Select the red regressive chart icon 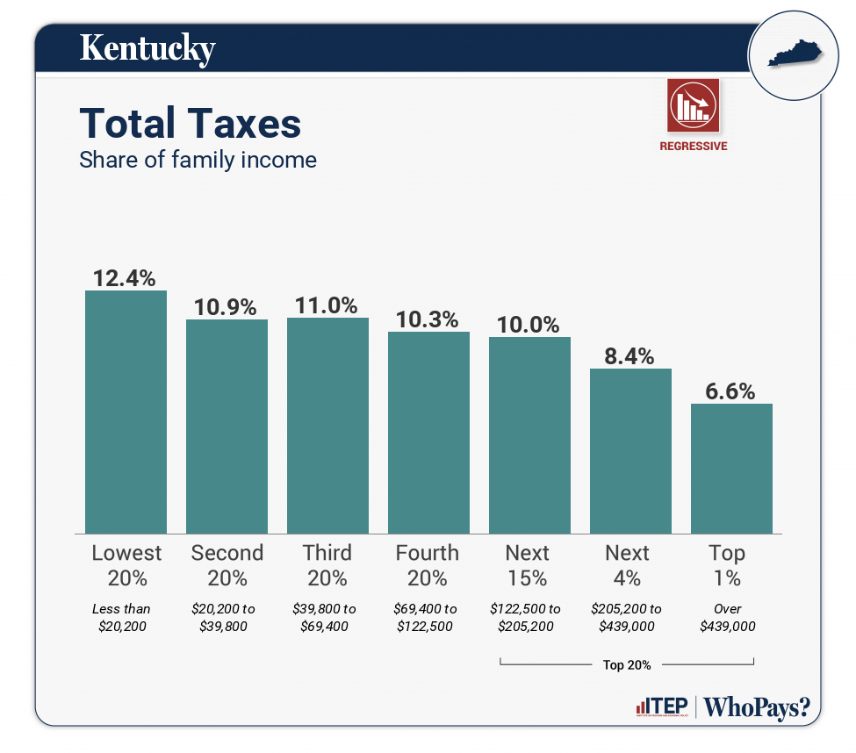coord(693,105)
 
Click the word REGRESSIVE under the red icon coord(693,147)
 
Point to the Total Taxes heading coord(190,124)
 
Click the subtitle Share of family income coord(198,161)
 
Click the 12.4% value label coord(126,278)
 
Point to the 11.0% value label coord(327,305)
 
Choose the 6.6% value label coord(731,391)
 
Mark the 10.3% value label coord(428,319)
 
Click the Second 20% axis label coord(227,565)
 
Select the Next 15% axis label coord(528,565)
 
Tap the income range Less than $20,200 coord(126,617)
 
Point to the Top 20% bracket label coord(627,664)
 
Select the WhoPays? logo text coord(756,707)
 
